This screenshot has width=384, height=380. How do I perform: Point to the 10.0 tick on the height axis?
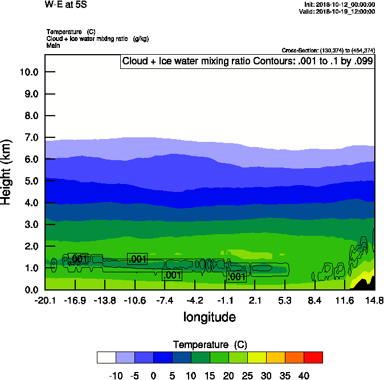(x=28, y=72)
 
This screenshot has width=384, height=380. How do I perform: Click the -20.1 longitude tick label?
(x=44, y=300)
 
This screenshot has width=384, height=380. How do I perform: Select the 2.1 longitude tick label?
(x=255, y=300)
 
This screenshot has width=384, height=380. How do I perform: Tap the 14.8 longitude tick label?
(x=374, y=300)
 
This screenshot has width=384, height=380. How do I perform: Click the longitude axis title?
(x=209, y=317)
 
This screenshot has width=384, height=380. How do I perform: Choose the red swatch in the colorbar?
(x=313, y=357)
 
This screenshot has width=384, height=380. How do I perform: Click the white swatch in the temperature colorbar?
(x=106, y=357)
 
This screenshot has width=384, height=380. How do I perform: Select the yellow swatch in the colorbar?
(x=256, y=357)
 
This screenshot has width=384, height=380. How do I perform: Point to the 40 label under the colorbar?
(x=304, y=375)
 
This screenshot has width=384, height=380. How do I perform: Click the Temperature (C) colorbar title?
(x=210, y=344)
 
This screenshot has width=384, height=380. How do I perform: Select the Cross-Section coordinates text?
(x=328, y=51)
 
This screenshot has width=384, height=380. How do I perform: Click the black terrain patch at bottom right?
(x=369, y=284)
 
